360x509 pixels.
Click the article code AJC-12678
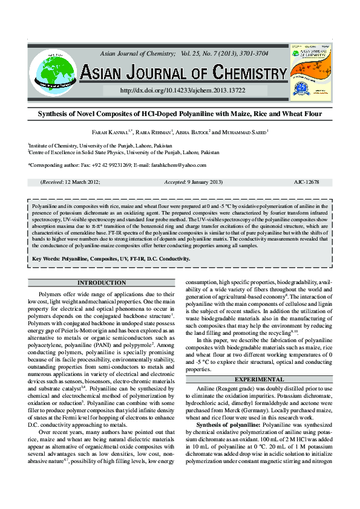[306, 182]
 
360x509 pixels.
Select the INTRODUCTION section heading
[102, 283]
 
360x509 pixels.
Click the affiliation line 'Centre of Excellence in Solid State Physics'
[125, 153]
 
